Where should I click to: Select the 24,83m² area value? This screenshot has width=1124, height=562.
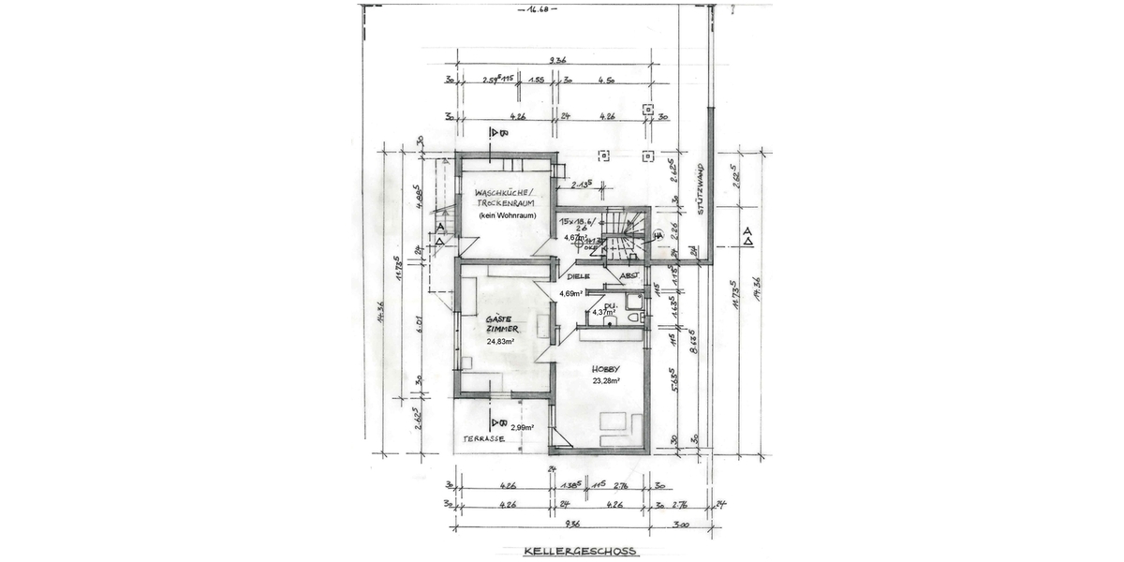point(502,342)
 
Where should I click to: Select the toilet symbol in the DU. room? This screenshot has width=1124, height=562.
point(633,318)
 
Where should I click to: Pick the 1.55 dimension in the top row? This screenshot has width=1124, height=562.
point(537,81)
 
